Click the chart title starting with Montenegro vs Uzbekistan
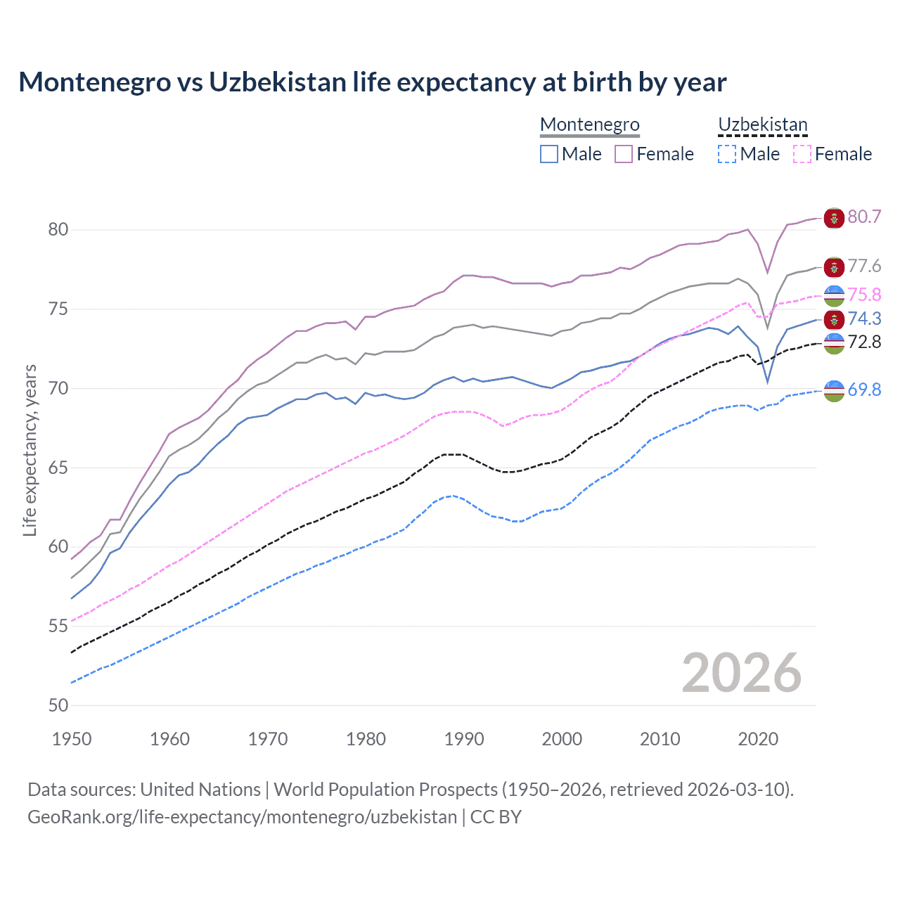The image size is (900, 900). (x=372, y=82)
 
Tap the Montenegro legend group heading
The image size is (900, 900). (x=589, y=124)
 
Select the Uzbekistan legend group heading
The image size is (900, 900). (x=762, y=124)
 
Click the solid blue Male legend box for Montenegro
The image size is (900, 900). (x=549, y=154)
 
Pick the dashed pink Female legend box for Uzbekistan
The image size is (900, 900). (x=802, y=154)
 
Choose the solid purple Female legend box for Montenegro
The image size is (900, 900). (x=624, y=154)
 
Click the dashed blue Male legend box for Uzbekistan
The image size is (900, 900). (x=727, y=154)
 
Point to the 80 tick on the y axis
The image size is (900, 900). (x=58, y=230)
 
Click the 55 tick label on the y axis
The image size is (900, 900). (x=58, y=626)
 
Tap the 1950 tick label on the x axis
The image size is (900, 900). (x=72, y=739)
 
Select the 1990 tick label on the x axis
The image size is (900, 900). (x=464, y=739)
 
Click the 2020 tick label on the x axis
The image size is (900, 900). (x=758, y=739)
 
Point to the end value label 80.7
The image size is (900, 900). (x=864, y=217)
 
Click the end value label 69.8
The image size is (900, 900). (x=864, y=390)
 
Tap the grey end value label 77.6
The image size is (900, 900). (x=864, y=266)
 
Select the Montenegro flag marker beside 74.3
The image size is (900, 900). (x=834, y=319)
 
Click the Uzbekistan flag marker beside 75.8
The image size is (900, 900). (x=834, y=295)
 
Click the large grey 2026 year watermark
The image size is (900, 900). (x=741, y=673)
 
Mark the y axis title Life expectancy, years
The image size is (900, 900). (x=30, y=450)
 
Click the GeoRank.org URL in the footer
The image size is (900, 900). (x=242, y=817)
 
